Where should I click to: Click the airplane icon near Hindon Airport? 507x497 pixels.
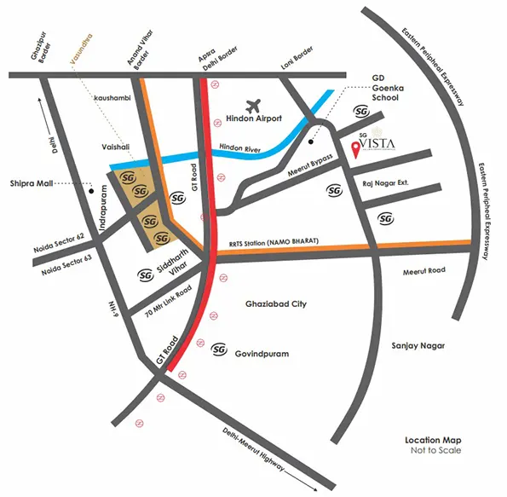252,106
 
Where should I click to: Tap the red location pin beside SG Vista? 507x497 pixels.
354,152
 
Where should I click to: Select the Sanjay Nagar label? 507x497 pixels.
420,345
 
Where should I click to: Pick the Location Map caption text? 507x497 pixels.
434,441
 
